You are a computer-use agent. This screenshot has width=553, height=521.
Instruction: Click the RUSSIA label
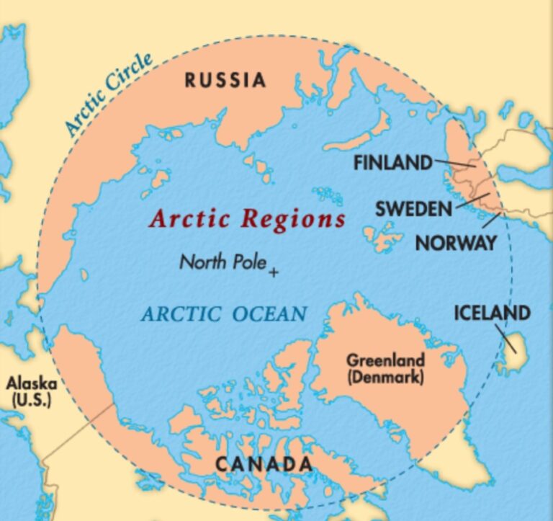pyautogui.click(x=225, y=79)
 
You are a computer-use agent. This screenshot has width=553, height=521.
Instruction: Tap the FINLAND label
pyautogui.click(x=392, y=163)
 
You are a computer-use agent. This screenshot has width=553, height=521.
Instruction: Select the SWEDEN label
pyautogui.click(x=413, y=210)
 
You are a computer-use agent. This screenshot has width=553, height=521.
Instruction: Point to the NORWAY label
pyautogui.click(x=456, y=243)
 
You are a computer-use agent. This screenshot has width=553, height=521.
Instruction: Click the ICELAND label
pyautogui.click(x=492, y=313)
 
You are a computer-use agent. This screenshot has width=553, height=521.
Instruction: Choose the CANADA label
pyautogui.click(x=264, y=464)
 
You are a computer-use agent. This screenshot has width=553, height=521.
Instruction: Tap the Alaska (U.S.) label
pyautogui.click(x=31, y=391)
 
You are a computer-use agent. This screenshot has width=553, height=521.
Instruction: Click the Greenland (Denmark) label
pyautogui.click(x=385, y=368)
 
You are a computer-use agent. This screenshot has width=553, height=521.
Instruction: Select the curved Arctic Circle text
pyautogui.click(x=108, y=94)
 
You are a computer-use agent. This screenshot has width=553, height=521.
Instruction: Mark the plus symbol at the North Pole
pyautogui.click(x=274, y=272)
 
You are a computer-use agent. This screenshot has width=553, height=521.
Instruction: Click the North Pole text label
pyautogui.click(x=223, y=262)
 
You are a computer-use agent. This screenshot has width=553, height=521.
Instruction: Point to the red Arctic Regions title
pyautogui.click(x=247, y=218)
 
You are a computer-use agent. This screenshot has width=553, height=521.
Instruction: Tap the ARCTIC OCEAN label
pyautogui.click(x=224, y=314)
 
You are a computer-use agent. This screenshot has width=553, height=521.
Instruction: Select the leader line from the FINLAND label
pyautogui.click(x=454, y=164)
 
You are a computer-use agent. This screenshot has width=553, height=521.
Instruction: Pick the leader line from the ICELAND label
pyautogui.click(x=508, y=338)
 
